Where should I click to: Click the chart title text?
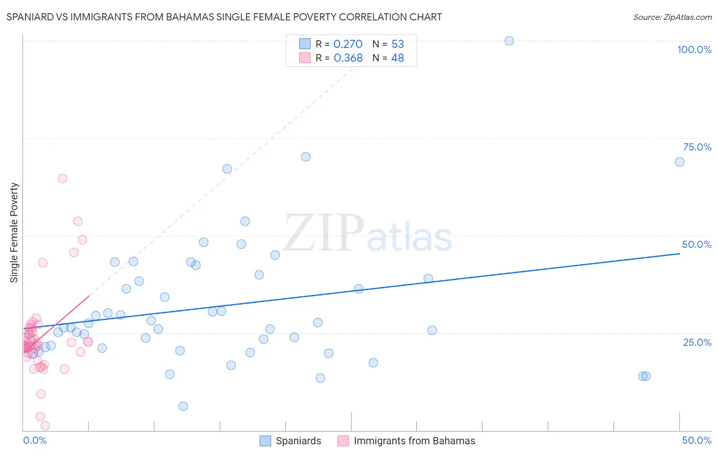pos(224,17)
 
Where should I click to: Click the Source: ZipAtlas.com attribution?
pos(672,17)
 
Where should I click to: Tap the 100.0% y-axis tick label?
pos(694,49)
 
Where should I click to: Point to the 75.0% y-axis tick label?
pos(697,147)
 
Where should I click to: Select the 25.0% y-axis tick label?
pos(697,342)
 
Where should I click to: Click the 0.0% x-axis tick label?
pos(35,440)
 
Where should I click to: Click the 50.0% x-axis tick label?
pos(697,440)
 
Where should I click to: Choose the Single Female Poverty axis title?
pos(14,233)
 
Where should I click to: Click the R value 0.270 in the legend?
pos(348,44)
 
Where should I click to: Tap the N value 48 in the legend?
pos(397,58)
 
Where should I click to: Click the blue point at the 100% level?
pos(509,41)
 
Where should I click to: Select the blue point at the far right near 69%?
pos(680,162)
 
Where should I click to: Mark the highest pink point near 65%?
pos(62,179)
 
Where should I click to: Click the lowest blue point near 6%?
pos(183,406)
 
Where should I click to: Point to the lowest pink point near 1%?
pos(45,425)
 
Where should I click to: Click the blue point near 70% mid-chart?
pos(305,157)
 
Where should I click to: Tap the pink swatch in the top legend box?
pos(305,58)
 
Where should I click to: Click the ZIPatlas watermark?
pos(368,234)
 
